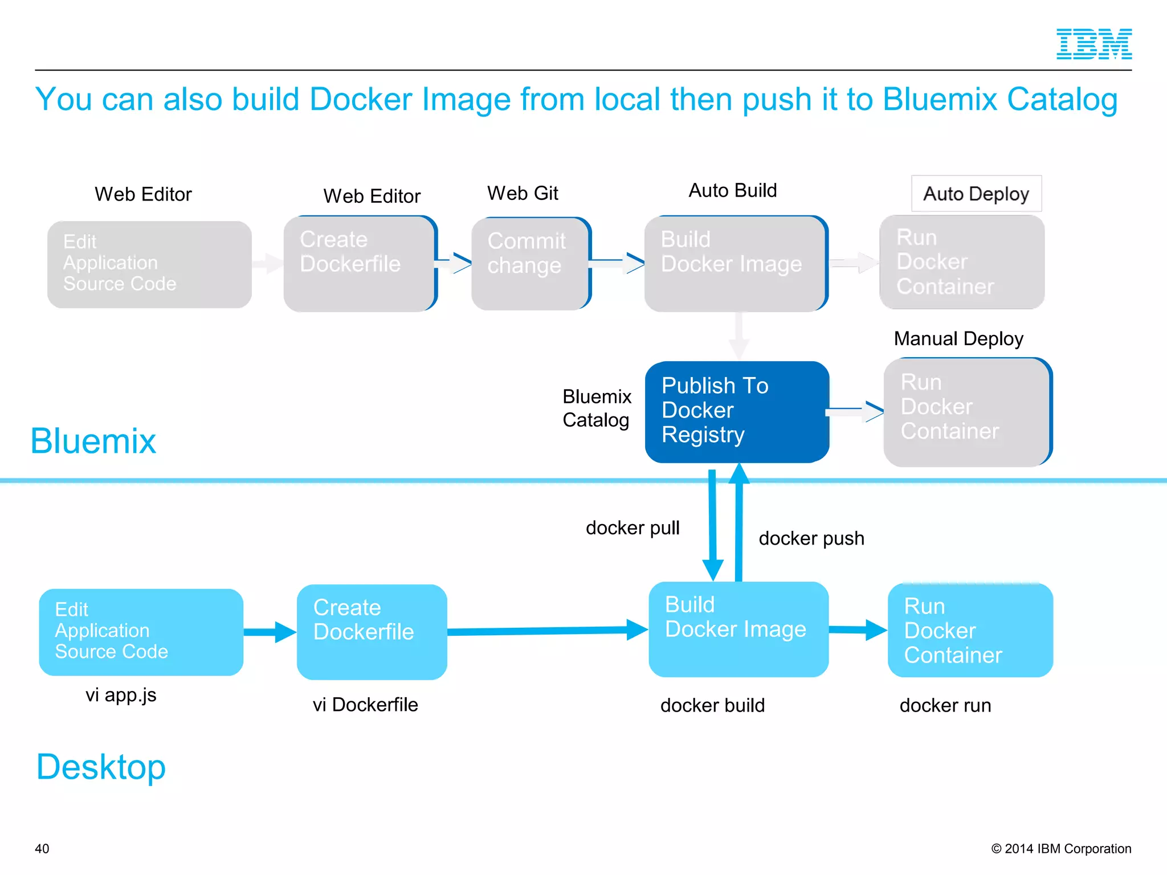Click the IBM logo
tap(1093, 44)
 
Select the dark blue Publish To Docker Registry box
tap(736, 411)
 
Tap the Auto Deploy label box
tap(976, 194)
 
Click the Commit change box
tap(531, 264)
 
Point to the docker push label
tap(811, 538)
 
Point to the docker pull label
tap(633, 528)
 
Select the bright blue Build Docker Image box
tap(738, 629)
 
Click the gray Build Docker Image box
tap(735, 263)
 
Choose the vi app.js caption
tap(121, 695)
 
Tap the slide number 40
tap(42, 849)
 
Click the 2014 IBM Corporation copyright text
tap(1061, 849)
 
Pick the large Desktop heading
tap(101, 767)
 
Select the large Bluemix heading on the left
tap(93, 441)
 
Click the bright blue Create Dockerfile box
tap(372, 632)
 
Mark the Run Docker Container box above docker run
tap(970, 630)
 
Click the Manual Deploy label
tap(958, 338)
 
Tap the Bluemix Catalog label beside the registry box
tap(597, 408)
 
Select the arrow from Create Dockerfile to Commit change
tap(454, 263)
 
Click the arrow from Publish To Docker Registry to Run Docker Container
tap(855, 411)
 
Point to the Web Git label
tap(523, 193)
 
